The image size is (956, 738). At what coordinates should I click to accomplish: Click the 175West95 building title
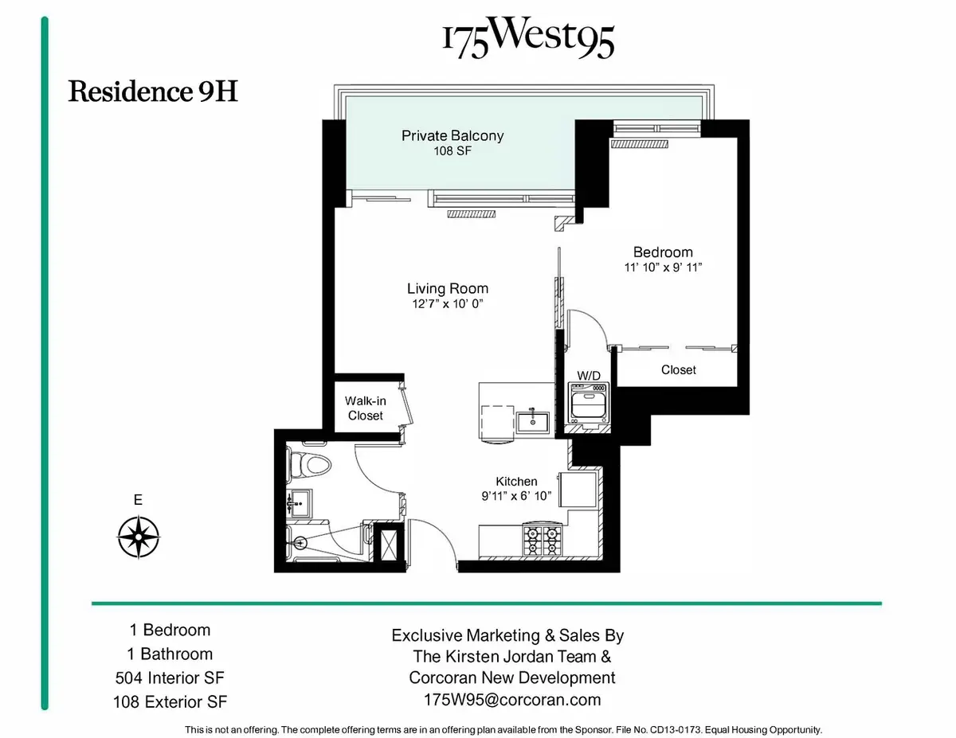click(528, 40)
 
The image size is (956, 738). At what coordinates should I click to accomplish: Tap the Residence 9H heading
click(153, 92)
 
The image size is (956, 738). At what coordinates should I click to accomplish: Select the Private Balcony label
click(452, 135)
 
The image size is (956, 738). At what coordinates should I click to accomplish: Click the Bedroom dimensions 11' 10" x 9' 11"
click(664, 267)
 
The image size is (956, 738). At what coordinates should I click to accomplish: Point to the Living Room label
click(447, 288)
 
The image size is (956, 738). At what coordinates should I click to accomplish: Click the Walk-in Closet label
click(364, 408)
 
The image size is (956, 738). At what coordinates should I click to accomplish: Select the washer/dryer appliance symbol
click(588, 402)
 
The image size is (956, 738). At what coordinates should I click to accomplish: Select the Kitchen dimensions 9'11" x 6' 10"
click(516, 497)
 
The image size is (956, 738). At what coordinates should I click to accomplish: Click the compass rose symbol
click(139, 537)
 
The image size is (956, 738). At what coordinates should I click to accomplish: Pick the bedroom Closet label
click(678, 369)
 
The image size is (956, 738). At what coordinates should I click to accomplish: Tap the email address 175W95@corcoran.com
click(511, 701)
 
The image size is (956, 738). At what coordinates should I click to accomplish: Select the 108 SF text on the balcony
click(452, 150)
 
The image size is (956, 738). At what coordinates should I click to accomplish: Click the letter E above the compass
click(138, 501)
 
